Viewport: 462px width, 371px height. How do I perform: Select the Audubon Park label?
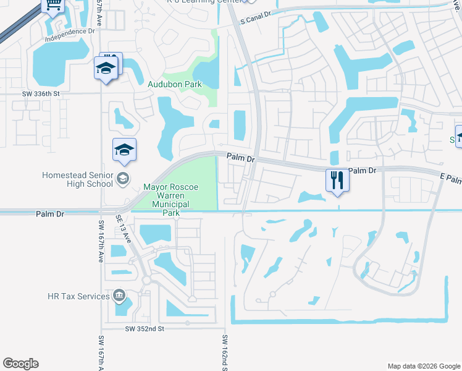coord(174,84)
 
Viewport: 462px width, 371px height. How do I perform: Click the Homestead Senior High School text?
coord(77,179)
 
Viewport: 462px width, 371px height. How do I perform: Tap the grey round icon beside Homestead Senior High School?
coord(122,179)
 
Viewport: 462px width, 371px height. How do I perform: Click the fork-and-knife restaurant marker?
coord(337,180)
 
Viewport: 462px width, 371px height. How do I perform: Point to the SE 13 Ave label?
coord(124,229)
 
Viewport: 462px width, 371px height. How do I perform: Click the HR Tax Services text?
coord(78,296)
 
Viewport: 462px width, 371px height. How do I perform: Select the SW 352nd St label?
coord(145,329)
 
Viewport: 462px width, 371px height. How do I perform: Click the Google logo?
coord(21,364)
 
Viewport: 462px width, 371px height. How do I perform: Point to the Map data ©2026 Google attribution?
coord(423,366)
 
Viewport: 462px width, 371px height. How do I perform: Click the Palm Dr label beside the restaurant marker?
coord(363,170)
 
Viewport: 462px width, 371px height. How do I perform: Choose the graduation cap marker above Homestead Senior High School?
coord(124,150)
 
